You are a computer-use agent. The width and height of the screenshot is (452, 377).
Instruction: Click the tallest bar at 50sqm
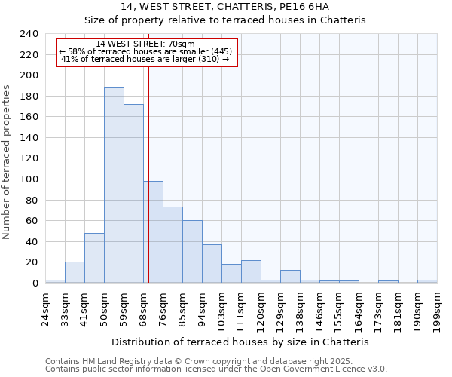[x=114, y=185]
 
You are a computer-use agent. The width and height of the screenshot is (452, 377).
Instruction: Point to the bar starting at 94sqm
[x=212, y=264]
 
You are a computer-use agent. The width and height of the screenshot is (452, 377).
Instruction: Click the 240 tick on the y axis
[x=29, y=34]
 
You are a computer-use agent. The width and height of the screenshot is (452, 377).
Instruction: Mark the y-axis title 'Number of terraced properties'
[x=7, y=161]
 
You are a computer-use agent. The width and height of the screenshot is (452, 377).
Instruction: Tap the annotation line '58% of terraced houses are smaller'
[x=148, y=51]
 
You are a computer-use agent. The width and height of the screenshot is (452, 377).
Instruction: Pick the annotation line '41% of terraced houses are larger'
[x=145, y=59]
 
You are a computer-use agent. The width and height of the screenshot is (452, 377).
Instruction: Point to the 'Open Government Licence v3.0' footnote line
[x=216, y=369]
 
